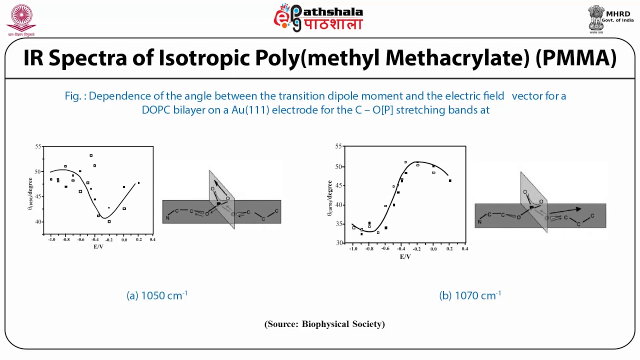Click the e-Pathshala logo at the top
point(318,18)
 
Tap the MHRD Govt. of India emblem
point(596,18)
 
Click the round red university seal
point(21,17)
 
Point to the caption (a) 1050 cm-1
point(157,295)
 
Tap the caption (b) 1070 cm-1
point(470,295)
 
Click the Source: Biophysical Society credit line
point(324,324)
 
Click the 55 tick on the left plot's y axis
point(38,146)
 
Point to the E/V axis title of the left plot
point(98,246)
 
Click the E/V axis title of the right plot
point(405,256)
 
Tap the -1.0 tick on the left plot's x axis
point(51,240)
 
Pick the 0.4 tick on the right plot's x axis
point(464,248)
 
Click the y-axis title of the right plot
point(330,198)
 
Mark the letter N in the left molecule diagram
point(167,218)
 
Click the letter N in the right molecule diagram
point(479,221)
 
